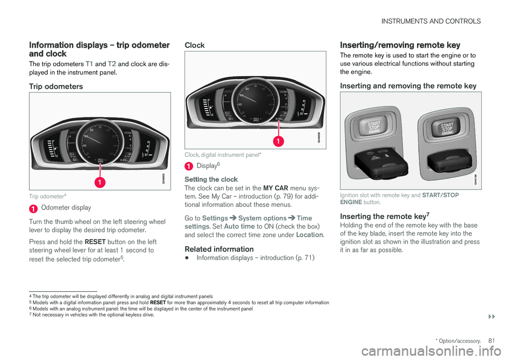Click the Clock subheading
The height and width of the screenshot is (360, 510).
coord(194,46)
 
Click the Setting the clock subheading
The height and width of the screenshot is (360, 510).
coord(211,179)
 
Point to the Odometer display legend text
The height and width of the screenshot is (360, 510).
coord(66,207)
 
